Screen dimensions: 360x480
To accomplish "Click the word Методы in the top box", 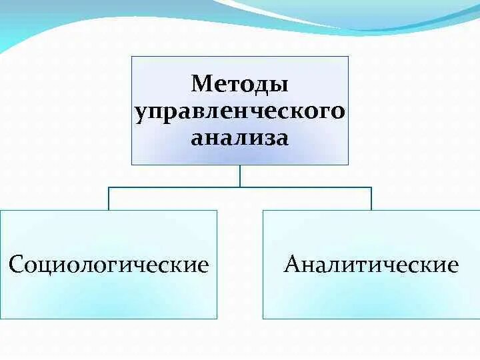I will (x=240, y=85).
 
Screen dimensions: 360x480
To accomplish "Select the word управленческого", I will (x=240, y=111).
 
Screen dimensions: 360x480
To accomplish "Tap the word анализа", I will (x=240, y=139).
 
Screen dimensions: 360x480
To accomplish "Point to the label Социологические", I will (x=109, y=265).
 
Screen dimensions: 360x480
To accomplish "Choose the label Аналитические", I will (x=371, y=265).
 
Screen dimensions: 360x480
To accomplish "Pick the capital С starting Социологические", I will (x=16, y=265).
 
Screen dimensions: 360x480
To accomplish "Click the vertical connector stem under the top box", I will (x=240, y=175).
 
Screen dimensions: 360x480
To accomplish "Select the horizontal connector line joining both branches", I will (x=173, y=187).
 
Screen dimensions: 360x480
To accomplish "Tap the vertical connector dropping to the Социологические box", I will (x=109, y=199).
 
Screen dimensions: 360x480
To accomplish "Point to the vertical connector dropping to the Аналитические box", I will (x=371, y=199).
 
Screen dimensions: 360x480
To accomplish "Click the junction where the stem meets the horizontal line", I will (x=240, y=187).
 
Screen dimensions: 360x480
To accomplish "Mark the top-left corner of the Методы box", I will (x=131, y=57).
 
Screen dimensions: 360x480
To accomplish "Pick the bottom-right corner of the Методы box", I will (x=348, y=164).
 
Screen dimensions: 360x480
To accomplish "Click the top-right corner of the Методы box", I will (x=348, y=57).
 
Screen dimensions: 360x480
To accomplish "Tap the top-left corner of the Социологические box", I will (x=1, y=211).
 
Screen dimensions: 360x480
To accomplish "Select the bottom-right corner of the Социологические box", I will (x=217, y=318).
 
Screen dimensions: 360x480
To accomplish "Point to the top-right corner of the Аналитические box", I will (x=479, y=211).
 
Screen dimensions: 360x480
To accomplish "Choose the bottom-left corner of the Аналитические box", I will (x=263, y=318).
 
